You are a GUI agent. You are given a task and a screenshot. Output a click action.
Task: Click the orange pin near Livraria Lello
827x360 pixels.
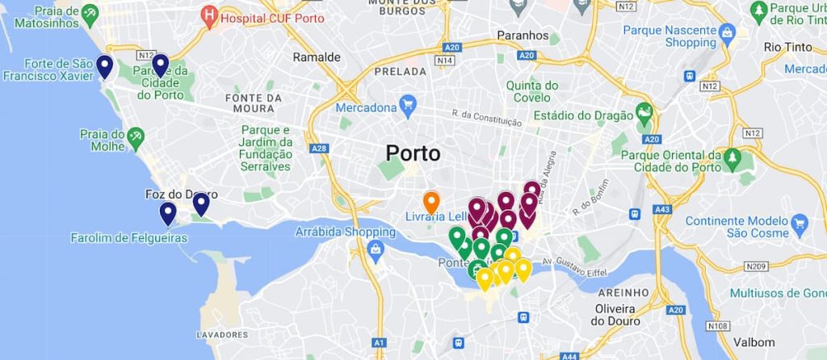431,202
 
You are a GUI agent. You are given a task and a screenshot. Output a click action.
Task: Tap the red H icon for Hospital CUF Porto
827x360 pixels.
210,15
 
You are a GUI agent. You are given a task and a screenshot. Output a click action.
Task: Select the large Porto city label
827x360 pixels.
413,153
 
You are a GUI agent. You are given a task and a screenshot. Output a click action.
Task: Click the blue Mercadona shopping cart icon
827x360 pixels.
408,105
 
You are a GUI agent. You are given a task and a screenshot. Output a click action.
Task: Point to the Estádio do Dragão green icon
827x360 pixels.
644,113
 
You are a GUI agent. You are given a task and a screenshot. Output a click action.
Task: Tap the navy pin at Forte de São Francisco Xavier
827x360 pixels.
104,66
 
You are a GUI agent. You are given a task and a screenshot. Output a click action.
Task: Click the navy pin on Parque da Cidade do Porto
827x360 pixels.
160,65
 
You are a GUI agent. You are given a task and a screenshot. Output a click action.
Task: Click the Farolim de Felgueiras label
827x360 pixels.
129,238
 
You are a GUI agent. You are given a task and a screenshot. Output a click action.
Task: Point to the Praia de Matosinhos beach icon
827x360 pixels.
90,12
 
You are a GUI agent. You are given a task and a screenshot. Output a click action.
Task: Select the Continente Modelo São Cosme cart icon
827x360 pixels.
800,222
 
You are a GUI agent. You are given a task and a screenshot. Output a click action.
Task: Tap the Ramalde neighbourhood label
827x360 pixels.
317,57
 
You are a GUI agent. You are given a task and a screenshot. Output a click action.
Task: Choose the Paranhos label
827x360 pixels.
523,36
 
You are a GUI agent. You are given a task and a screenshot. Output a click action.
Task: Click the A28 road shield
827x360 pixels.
318,149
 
